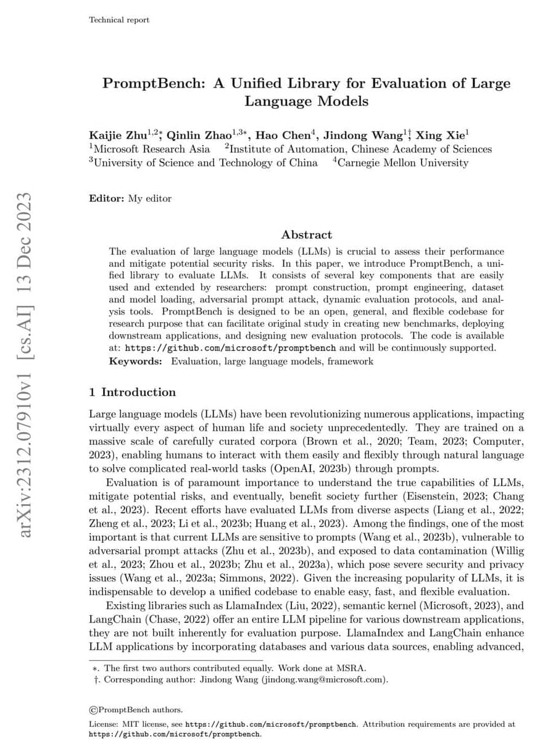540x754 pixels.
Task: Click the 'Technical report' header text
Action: pos(119,20)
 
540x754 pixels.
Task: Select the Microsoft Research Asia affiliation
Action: pos(152,149)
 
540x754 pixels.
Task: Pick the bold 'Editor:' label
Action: pos(107,199)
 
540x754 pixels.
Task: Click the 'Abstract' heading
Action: pos(307,234)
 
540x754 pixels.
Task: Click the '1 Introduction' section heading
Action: pos(132,392)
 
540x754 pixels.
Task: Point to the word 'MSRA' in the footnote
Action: pos(354,668)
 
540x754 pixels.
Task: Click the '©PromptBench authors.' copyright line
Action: pos(136,710)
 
